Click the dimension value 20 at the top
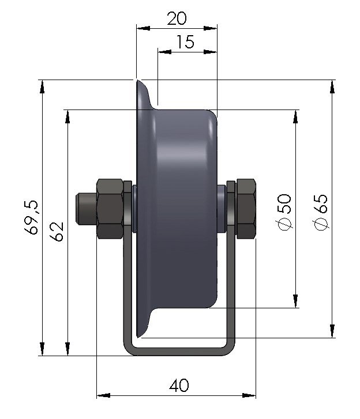click(x=177, y=18)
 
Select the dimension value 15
click(x=186, y=42)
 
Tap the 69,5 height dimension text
click(x=32, y=217)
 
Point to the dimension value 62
click(x=57, y=232)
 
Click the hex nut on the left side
click(x=110, y=209)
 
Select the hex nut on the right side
click(x=245, y=208)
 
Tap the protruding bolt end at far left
click(x=84, y=208)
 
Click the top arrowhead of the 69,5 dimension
click(x=42, y=86)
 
